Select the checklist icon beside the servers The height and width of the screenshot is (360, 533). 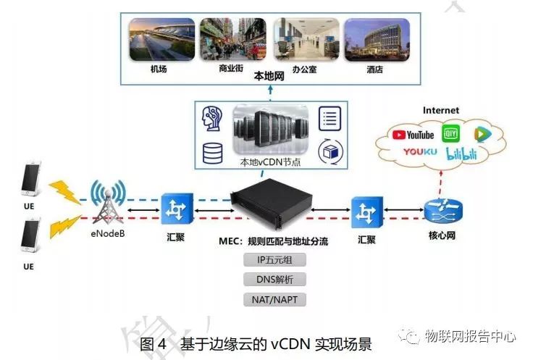click(x=330, y=118)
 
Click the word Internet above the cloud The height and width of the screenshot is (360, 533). click(x=441, y=110)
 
